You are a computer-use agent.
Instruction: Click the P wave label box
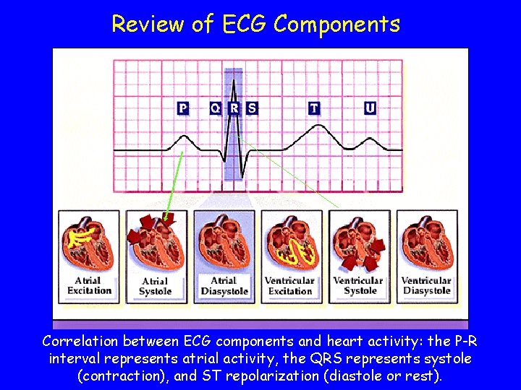coord(183,108)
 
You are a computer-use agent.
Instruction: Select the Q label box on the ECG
coord(215,108)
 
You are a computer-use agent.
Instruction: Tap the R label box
coord(234,108)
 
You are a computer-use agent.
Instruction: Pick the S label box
coord(251,108)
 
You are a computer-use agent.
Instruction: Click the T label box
coord(313,108)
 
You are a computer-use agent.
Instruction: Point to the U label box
coord(370,108)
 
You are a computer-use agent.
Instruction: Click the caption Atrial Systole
coord(155,287)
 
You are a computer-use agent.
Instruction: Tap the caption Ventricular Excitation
coord(289,286)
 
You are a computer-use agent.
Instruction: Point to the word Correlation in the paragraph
coord(80,341)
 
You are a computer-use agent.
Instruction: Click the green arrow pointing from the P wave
coord(173,184)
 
